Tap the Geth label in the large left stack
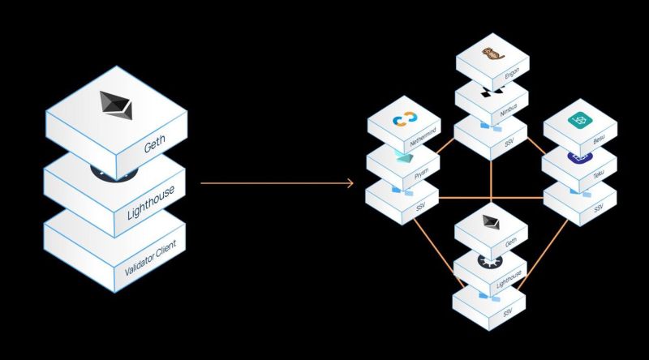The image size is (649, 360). click(155, 146)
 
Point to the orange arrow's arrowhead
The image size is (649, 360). click(350, 184)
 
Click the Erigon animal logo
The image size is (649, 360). click(490, 55)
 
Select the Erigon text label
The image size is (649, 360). click(512, 71)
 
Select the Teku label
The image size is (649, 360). click(600, 174)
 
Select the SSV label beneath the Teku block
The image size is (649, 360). click(599, 208)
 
